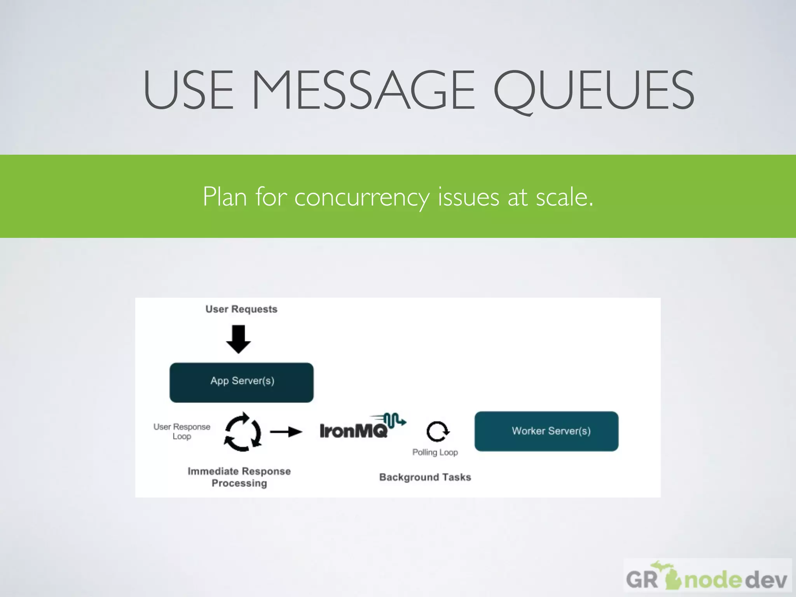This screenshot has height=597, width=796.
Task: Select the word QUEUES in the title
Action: tap(594, 91)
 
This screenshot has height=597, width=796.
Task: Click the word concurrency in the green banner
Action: tap(361, 197)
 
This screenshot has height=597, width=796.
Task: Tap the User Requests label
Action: tap(241, 309)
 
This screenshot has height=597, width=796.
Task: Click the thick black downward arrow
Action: tap(238, 339)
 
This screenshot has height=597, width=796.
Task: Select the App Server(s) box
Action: tap(241, 382)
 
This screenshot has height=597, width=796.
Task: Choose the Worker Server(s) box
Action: tap(546, 431)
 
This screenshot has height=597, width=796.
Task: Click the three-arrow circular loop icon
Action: tap(243, 432)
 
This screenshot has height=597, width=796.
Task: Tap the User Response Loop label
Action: tap(182, 431)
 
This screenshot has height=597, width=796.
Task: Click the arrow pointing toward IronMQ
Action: tap(286, 431)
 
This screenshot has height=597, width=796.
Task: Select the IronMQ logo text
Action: tap(354, 431)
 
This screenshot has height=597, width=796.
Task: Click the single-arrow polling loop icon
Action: tap(438, 431)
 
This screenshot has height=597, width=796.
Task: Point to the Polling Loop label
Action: tap(435, 452)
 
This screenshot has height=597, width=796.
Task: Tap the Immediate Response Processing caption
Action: tap(239, 477)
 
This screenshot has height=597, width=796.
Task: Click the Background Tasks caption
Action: tap(425, 477)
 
